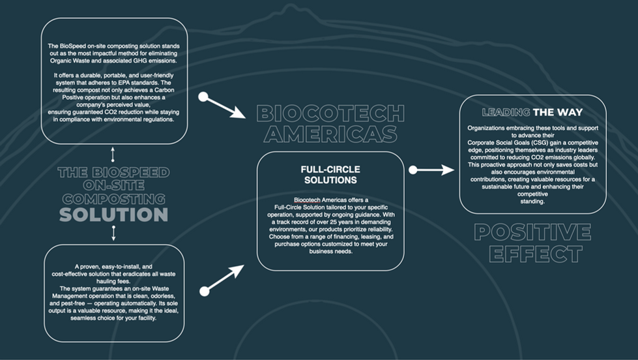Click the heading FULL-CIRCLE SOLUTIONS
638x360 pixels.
pyautogui.click(x=330, y=175)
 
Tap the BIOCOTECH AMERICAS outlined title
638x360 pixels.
pyautogui.click(x=330, y=124)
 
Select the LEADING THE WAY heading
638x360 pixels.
pyautogui.click(x=532, y=112)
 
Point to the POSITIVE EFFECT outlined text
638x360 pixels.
pyautogui.click(x=532, y=243)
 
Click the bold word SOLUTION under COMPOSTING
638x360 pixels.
pyautogui.click(x=113, y=215)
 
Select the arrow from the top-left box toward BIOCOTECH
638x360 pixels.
pyautogui.click(x=222, y=105)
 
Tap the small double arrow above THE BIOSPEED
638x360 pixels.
pyautogui.click(x=113, y=155)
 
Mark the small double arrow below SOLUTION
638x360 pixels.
pyautogui.click(x=113, y=233)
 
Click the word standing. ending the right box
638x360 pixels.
pyautogui.click(x=532, y=202)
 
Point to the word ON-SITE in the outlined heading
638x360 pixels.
pyautogui.click(x=113, y=185)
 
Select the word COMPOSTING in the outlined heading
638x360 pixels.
pyautogui.click(x=113, y=199)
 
